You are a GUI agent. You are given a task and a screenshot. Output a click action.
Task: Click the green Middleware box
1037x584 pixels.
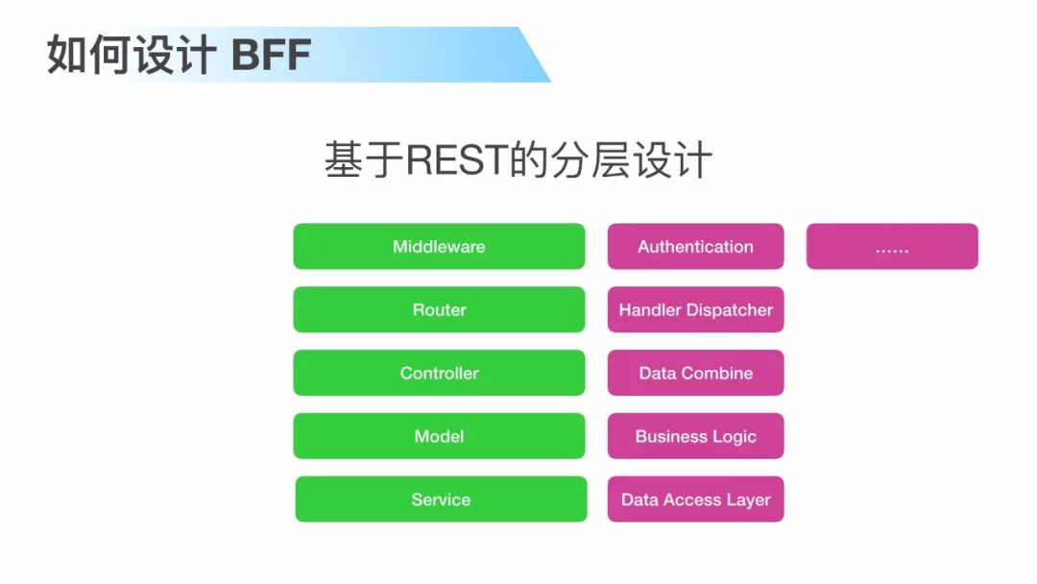[x=439, y=247]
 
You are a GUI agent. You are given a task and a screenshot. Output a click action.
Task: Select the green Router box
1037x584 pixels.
[x=439, y=310]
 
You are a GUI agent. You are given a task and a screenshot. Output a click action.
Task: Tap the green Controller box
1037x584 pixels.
[x=439, y=374]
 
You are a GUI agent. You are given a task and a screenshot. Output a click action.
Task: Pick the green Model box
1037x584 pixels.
[x=439, y=437]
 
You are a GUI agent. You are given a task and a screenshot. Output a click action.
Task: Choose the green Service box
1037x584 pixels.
[x=441, y=499]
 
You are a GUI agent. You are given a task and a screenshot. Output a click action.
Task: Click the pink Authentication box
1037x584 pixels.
[x=695, y=247]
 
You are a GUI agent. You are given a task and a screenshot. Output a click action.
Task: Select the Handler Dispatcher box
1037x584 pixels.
[x=695, y=310]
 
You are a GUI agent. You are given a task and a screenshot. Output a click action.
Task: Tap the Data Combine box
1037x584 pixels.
[x=695, y=374]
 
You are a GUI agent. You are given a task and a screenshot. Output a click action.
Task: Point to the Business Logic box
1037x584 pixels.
[x=695, y=437]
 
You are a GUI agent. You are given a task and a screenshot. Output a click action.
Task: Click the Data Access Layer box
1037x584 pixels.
[x=695, y=499]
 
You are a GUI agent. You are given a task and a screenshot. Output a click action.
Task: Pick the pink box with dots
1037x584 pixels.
[x=892, y=247]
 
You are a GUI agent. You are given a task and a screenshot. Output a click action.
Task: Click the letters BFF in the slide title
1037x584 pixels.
[x=272, y=56]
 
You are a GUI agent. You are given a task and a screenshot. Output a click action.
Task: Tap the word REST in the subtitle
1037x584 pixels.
[x=456, y=160]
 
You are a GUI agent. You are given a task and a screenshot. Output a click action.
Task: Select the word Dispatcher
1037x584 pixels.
[x=729, y=310]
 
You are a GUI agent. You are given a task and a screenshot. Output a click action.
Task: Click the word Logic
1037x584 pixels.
[x=734, y=437]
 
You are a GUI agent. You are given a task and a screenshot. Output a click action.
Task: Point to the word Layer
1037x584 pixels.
[x=748, y=499]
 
